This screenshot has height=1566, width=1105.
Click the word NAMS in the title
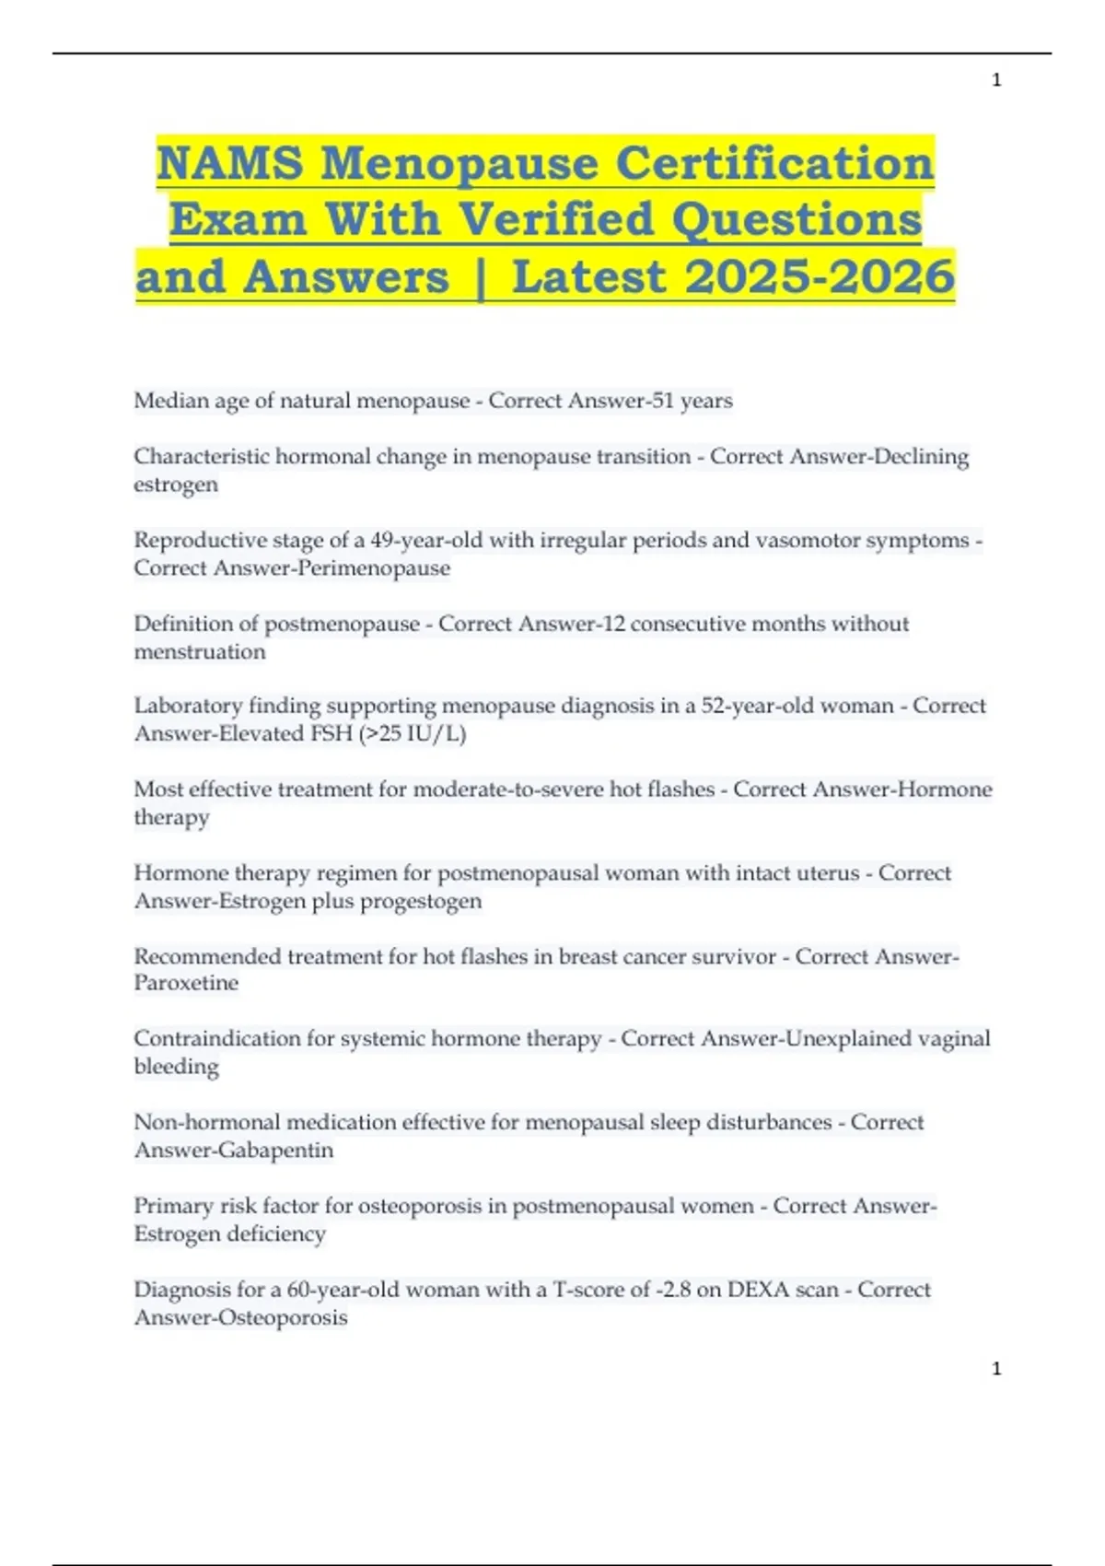pyautogui.click(x=230, y=164)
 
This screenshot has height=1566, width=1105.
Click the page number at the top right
pyautogui.click(x=996, y=80)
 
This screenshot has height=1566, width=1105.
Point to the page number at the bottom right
pyautogui.click(x=996, y=1369)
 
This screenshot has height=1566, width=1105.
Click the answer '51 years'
pyautogui.click(x=692, y=401)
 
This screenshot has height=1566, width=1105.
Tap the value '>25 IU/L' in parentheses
pyautogui.click(x=416, y=734)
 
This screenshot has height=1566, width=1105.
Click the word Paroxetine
pyautogui.click(x=186, y=983)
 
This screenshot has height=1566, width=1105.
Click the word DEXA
pyautogui.click(x=757, y=1290)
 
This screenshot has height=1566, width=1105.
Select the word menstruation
pyautogui.click(x=200, y=652)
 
